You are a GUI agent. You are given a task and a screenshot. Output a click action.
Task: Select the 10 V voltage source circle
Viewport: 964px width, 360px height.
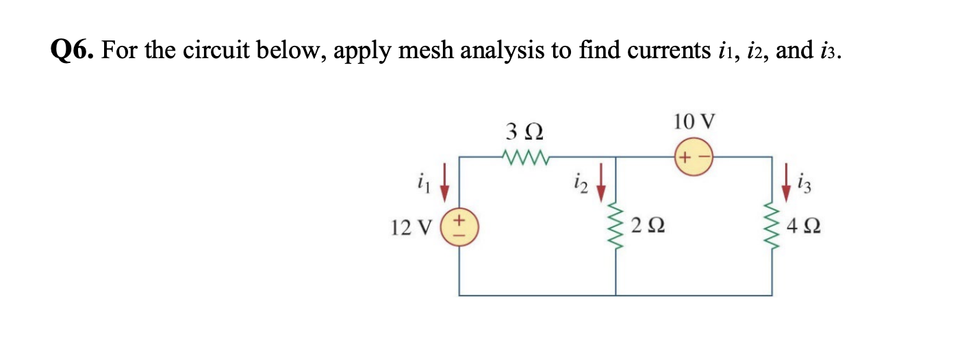[x=695, y=157]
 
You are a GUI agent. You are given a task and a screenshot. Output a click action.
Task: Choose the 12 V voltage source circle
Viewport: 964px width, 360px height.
[x=459, y=227]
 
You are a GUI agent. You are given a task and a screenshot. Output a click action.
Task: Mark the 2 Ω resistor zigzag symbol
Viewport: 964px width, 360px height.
[x=616, y=224]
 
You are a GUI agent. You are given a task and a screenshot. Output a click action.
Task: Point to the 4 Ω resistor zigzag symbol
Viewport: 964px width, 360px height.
[x=773, y=224]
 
